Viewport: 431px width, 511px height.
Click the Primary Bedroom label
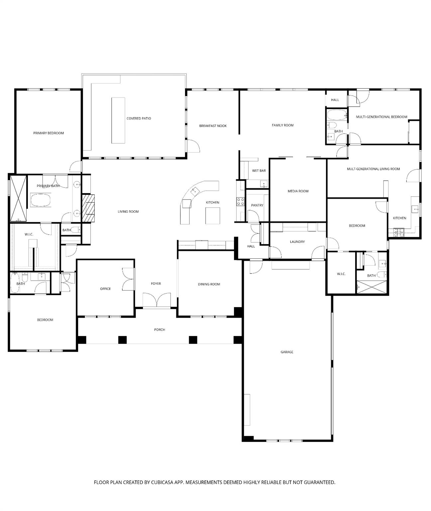(49, 133)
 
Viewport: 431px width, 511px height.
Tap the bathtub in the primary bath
(41, 201)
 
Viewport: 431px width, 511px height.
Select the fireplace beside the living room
(88, 208)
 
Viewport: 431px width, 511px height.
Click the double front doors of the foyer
(157, 300)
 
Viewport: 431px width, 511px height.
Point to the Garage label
(287, 352)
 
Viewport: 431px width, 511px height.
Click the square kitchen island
(213, 216)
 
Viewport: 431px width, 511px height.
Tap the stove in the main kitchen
(240, 201)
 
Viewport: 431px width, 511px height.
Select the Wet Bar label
(259, 171)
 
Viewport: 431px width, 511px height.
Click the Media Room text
(298, 191)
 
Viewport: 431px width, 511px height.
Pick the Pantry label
(257, 205)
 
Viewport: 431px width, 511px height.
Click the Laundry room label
(297, 242)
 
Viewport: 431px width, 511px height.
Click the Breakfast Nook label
(213, 126)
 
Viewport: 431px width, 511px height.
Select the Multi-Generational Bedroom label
(381, 117)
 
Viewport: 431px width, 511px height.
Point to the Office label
(105, 289)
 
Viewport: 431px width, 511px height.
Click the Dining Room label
(209, 284)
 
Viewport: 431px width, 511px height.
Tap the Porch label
(160, 330)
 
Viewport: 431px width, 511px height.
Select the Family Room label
(283, 125)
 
